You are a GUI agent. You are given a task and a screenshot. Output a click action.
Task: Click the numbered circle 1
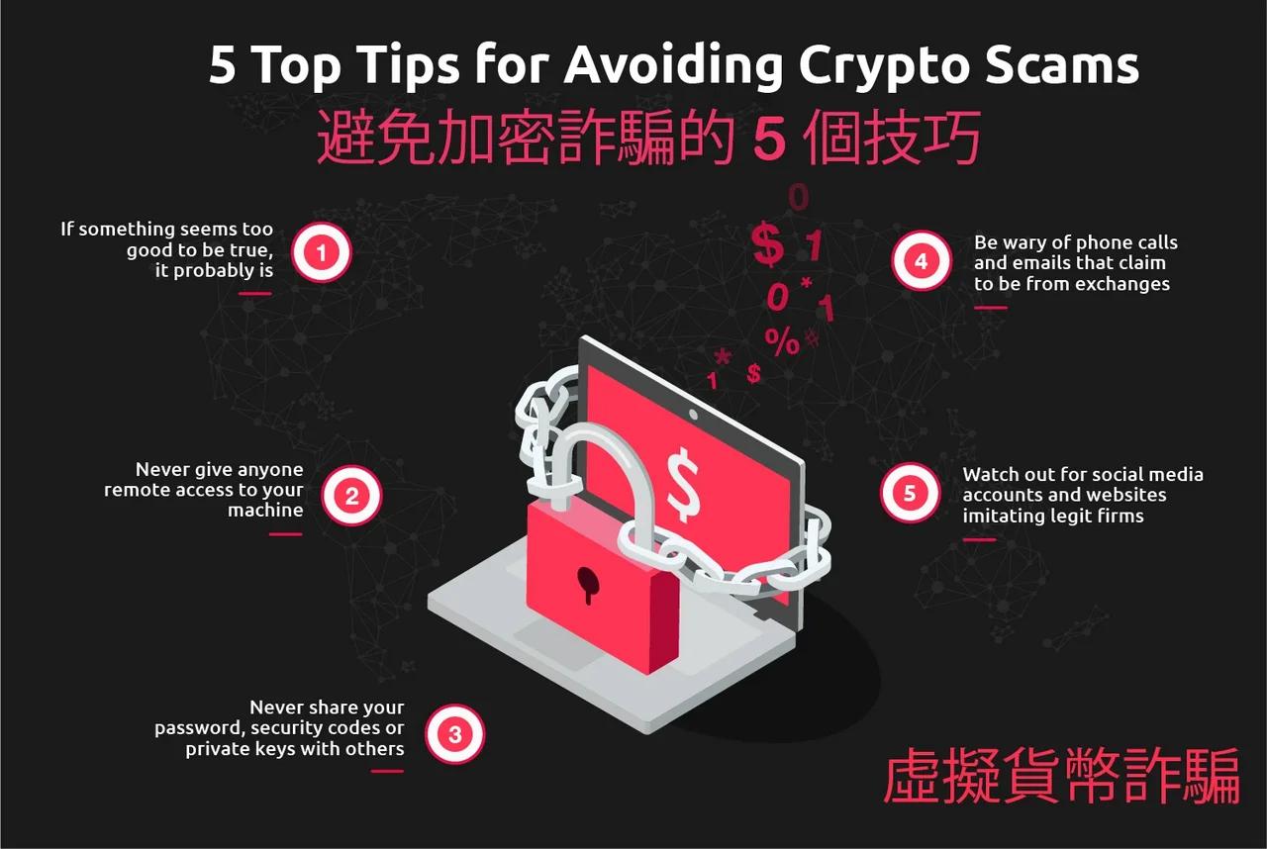[x=321, y=253]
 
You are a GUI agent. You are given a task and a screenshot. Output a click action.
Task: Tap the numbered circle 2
[x=351, y=496]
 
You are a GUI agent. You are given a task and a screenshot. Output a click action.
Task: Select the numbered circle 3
[x=454, y=735]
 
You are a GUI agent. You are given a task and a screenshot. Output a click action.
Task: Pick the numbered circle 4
[x=921, y=262]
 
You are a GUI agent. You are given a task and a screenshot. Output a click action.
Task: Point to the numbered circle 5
[x=910, y=493]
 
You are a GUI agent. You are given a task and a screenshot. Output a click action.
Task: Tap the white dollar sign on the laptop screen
[x=683, y=483]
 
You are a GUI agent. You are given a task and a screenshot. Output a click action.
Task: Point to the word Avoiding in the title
[x=675, y=65]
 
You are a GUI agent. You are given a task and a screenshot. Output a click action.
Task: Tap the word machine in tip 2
[x=265, y=511]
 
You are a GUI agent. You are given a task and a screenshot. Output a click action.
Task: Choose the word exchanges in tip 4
[x=1121, y=284]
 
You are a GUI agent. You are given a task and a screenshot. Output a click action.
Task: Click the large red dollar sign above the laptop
[x=767, y=245]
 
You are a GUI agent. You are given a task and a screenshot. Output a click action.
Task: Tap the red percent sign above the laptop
[x=781, y=342]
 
